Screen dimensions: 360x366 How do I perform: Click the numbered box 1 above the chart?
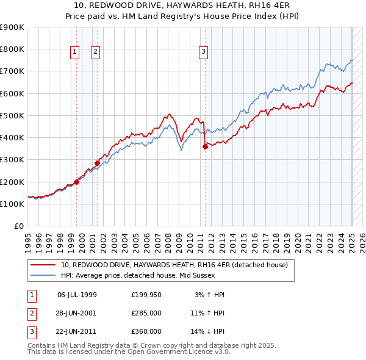[x=74, y=52]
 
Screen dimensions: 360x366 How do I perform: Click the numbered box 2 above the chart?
[x=96, y=52]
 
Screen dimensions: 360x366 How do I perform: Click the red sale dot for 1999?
[x=77, y=182]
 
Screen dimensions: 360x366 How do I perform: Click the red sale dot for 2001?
[x=97, y=163]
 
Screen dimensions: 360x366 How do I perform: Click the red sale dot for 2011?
[x=205, y=146]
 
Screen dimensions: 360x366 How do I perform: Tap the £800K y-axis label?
[x=13, y=49]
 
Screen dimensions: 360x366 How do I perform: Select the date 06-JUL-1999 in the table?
[x=77, y=295]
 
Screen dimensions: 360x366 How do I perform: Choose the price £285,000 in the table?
[x=146, y=313]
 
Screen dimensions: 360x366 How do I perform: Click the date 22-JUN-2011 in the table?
[x=77, y=331]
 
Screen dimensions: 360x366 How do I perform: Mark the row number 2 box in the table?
[x=30, y=313]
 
